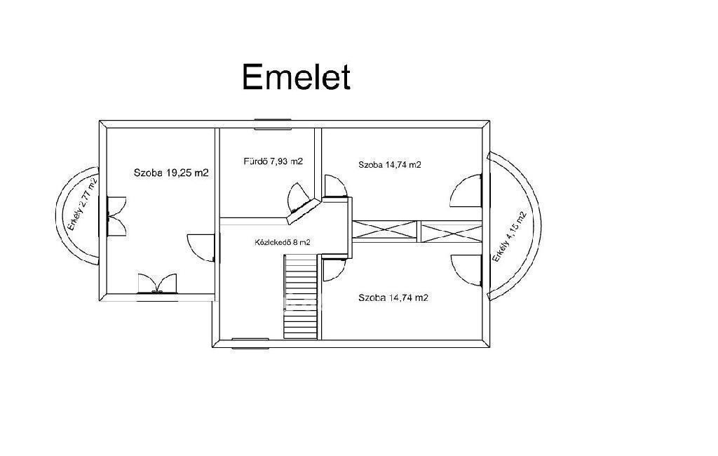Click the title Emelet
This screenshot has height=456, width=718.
tap(295, 77)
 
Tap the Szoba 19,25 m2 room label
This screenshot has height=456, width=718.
tap(171, 173)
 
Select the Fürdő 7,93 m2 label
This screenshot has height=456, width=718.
tap(273, 161)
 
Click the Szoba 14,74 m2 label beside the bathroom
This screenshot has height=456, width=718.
tap(389, 165)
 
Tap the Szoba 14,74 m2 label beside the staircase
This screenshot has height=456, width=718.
tap(393, 297)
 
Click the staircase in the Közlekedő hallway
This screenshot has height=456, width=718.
tap(302, 295)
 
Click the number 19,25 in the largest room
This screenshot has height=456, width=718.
tap(180, 173)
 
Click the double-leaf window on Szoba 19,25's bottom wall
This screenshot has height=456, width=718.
tap(157, 283)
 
